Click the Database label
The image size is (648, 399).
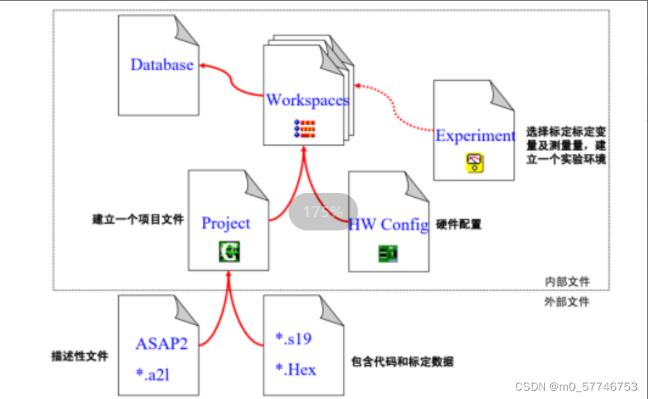click(x=162, y=65)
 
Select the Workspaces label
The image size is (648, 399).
click(x=307, y=100)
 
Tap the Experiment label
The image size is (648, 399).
click(x=475, y=135)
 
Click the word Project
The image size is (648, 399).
click(x=225, y=223)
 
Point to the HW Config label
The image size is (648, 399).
click(x=388, y=224)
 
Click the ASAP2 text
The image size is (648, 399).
click(x=161, y=343)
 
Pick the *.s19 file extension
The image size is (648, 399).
click(x=293, y=339)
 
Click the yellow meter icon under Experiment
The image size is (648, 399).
click(x=474, y=163)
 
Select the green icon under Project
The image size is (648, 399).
click(x=228, y=251)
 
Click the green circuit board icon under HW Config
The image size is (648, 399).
click(x=388, y=253)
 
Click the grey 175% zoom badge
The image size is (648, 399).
click(x=323, y=212)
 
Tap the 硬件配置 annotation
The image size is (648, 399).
click(x=459, y=224)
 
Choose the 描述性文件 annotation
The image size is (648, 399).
click(x=80, y=356)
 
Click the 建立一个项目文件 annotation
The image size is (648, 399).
click(x=138, y=219)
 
